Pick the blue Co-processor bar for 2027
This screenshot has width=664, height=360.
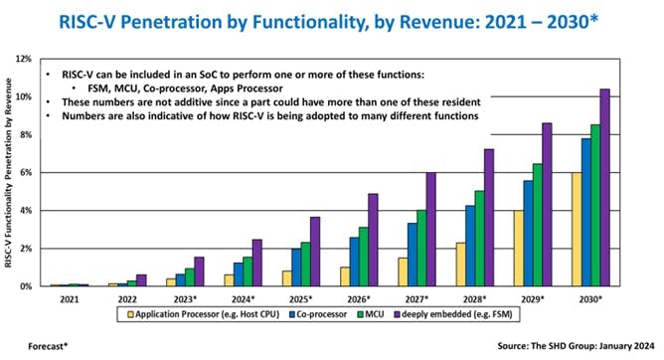coord(413,254)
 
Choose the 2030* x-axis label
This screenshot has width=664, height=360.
coord(588,297)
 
